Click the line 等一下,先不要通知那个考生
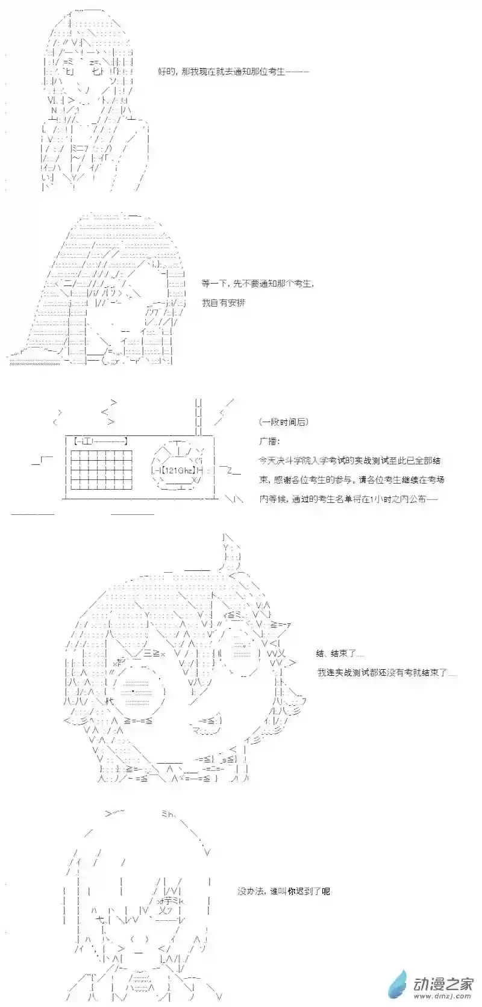coord(257,283)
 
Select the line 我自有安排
coord(224,302)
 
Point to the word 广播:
coord(270,441)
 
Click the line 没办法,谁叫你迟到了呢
coord(283,891)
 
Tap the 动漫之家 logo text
coord(443,983)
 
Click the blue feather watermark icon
coord(398,985)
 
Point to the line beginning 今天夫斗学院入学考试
coord(358,461)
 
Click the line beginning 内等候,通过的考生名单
coord(348,499)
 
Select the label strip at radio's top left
coord(100,441)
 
